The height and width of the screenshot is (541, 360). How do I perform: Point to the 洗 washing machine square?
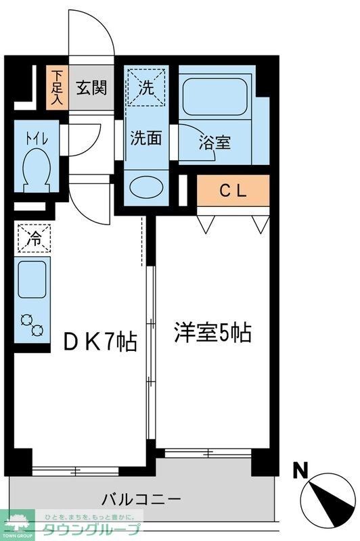(x=146, y=87)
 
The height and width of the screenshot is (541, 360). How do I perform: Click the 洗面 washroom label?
(x=145, y=138)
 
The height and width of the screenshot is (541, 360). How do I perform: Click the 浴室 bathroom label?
(x=215, y=143)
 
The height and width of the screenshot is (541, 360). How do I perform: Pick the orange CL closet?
(x=233, y=191)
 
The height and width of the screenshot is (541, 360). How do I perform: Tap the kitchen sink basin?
(x=32, y=279)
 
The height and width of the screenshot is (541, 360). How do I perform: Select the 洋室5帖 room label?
(x=212, y=333)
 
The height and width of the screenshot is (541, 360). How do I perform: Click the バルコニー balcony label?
(x=141, y=500)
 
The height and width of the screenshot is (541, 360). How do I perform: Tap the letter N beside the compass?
(x=302, y=469)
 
